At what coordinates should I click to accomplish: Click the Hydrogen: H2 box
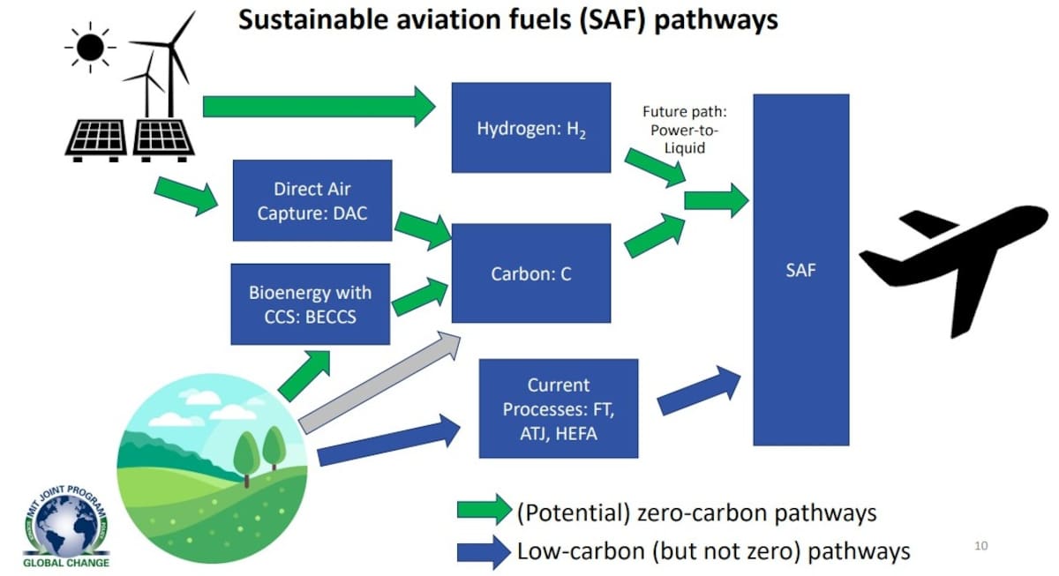(530, 127)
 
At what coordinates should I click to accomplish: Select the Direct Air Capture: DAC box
(312, 200)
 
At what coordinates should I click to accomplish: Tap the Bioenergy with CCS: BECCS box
(310, 303)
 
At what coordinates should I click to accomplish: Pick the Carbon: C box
(530, 273)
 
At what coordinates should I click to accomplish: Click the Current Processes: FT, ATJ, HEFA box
(558, 408)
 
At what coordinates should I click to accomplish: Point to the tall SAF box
(800, 270)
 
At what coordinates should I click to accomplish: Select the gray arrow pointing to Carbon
(379, 385)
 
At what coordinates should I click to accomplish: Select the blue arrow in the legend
(484, 552)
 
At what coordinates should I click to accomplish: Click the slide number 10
(981, 546)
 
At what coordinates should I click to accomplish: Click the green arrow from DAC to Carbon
(423, 229)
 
